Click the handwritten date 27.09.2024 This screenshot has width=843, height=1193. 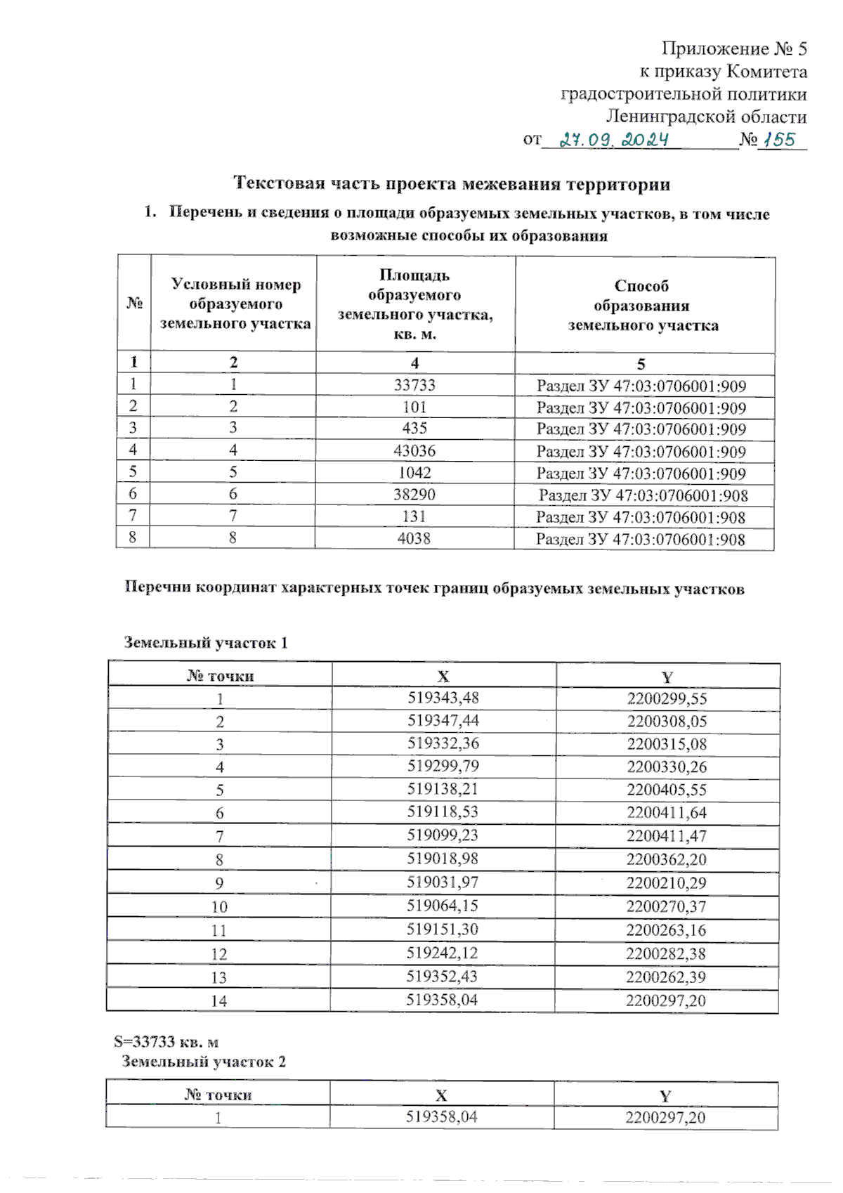[x=614, y=140]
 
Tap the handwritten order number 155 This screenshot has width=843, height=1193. [x=780, y=140]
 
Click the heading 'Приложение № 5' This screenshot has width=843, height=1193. [x=734, y=48]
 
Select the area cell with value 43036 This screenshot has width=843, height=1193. [x=414, y=450]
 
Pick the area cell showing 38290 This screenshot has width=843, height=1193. [x=414, y=495]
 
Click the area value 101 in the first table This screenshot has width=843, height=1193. [x=414, y=407]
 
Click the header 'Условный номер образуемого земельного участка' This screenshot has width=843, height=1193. [x=235, y=304]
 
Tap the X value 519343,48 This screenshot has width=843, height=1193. [x=443, y=698]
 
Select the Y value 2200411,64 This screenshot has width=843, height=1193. [x=667, y=812]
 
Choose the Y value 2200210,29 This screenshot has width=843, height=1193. [x=667, y=882]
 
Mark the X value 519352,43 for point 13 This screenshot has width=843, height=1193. [x=442, y=977]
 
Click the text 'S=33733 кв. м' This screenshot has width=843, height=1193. [x=166, y=1041]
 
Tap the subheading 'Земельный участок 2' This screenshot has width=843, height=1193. [x=204, y=1062]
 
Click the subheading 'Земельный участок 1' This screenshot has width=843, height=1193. [x=206, y=642]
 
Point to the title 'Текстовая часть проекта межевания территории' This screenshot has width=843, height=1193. [x=451, y=184]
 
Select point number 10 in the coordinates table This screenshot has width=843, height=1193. [x=219, y=907]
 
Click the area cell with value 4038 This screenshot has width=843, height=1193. [x=414, y=538]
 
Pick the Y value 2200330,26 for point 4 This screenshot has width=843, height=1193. [x=667, y=767]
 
